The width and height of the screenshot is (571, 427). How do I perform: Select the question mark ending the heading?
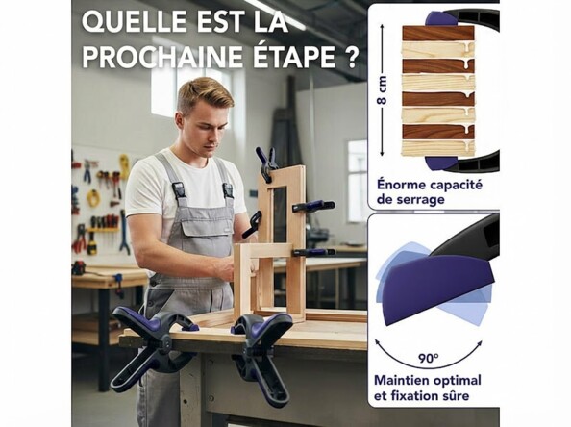click(x=352, y=57)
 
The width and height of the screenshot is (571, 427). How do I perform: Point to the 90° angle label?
click(x=428, y=358)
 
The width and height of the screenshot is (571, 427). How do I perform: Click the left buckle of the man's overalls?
click(x=179, y=189)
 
